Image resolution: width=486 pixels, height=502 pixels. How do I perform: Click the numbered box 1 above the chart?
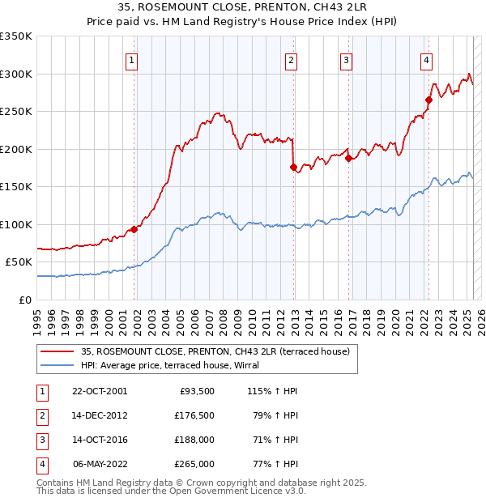[131, 59]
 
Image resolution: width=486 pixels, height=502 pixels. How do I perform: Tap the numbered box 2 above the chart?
[291, 59]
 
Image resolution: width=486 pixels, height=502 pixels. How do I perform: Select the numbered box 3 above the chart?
[346, 59]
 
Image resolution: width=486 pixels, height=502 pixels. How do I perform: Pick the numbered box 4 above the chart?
[425, 59]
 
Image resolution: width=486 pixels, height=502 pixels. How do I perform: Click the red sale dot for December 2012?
[293, 168]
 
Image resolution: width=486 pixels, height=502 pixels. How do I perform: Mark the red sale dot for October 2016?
[348, 159]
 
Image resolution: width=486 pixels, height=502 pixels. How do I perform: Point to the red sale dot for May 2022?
[428, 100]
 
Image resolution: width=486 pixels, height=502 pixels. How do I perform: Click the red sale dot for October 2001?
[134, 229]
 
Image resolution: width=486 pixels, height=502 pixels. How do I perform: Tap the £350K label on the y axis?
[15, 36]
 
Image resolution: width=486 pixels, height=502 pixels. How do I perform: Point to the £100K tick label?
[15, 224]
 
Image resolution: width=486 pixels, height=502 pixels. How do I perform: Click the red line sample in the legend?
[58, 351]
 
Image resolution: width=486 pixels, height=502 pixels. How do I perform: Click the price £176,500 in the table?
[195, 415]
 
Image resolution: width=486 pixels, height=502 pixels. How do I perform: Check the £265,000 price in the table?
[195, 464]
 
